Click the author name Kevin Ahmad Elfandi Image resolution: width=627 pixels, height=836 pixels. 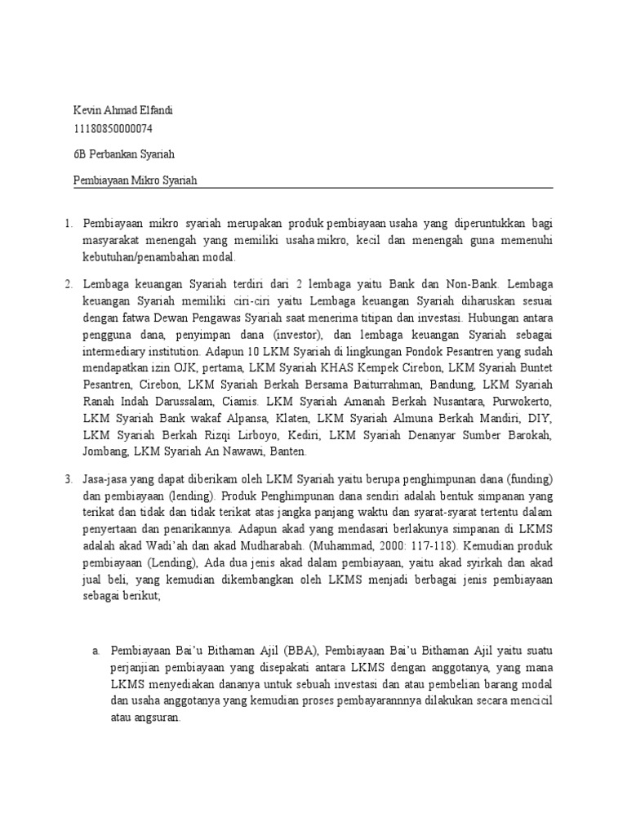pos(123,110)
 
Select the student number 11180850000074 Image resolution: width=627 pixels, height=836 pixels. pos(113,129)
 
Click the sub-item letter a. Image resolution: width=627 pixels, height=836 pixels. pos(96,650)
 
